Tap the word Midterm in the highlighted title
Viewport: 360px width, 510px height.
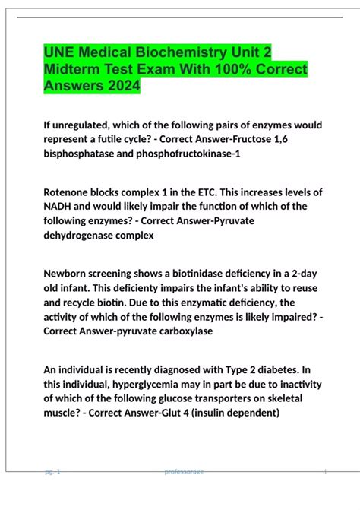click(x=77, y=70)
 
